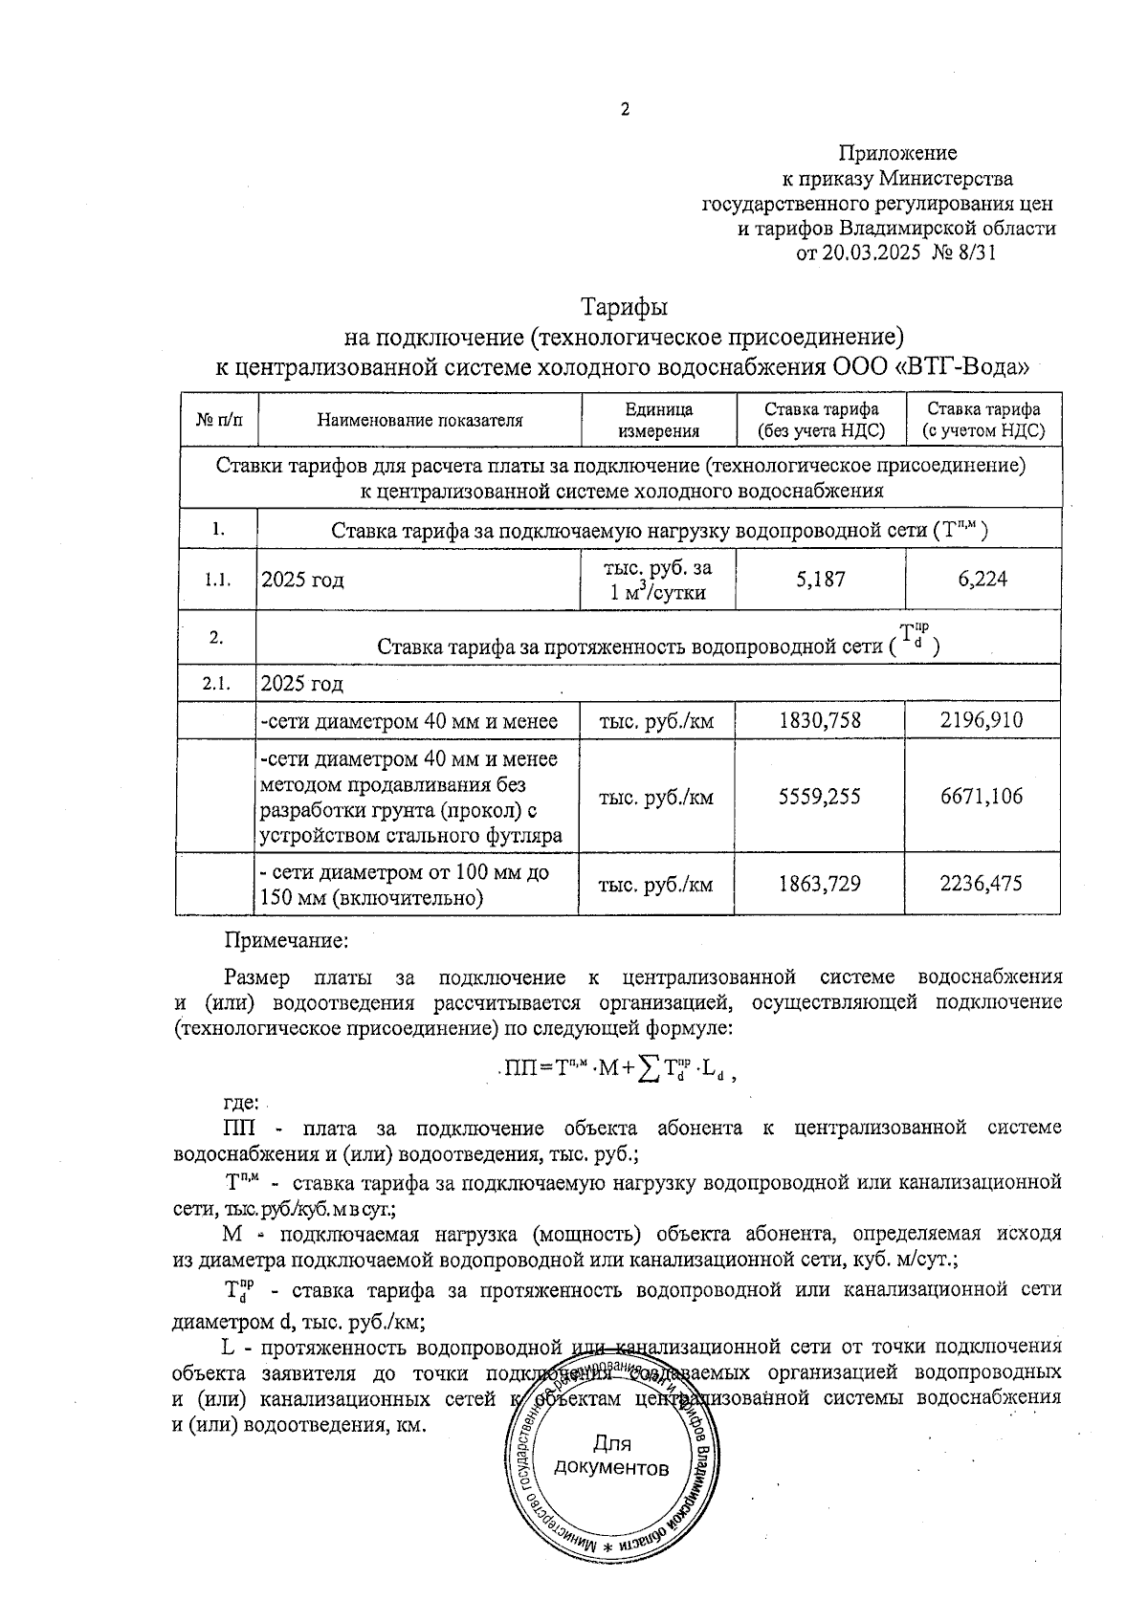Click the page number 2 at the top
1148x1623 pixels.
pyautogui.click(x=626, y=109)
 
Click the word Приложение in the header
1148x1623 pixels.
pyautogui.click(x=897, y=153)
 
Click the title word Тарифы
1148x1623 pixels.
pyautogui.click(x=624, y=308)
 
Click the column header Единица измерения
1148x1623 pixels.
pyautogui.click(x=658, y=420)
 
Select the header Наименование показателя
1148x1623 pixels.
pyautogui.click(x=420, y=420)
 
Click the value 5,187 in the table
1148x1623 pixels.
pyautogui.click(x=820, y=580)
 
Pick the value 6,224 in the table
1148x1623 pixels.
pyautogui.click(x=982, y=580)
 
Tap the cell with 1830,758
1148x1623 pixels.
pyautogui.click(x=820, y=720)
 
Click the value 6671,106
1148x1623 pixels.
pyautogui.click(x=982, y=797)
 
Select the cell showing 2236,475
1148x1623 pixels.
pyautogui.click(x=982, y=884)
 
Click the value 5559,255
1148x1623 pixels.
pyautogui.click(x=820, y=797)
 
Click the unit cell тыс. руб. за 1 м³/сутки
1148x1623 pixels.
pyautogui.click(x=658, y=580)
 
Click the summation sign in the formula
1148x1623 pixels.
pyautogui.click(x=651, y=1070)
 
